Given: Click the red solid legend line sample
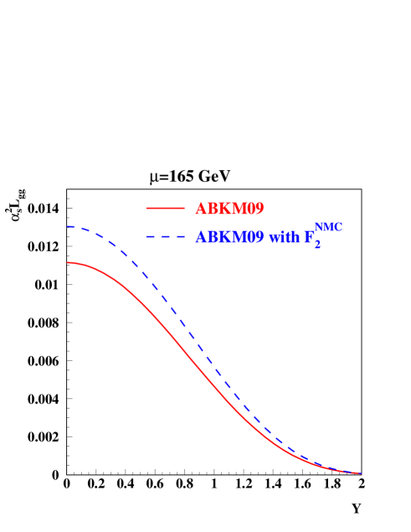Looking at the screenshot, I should pos(165,208).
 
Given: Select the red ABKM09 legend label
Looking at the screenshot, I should pos(229,209).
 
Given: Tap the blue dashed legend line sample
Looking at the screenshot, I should pos(165,237).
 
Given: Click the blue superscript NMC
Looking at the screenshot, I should pos(328,227).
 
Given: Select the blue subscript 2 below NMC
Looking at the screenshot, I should pos(317,245).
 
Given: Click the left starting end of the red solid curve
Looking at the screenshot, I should pos(69,262).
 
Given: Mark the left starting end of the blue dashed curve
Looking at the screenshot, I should pos(69,227).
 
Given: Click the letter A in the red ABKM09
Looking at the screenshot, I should pos(201,209).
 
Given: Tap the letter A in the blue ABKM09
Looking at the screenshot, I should pos(201,237).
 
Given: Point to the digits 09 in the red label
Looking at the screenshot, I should pos(254,209).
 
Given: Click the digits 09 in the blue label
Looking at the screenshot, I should pos(254,237).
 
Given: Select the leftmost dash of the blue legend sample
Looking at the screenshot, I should pos(150,237).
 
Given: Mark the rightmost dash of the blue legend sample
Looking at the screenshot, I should pos(180,237).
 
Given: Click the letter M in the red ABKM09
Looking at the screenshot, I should pos(238,209).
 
